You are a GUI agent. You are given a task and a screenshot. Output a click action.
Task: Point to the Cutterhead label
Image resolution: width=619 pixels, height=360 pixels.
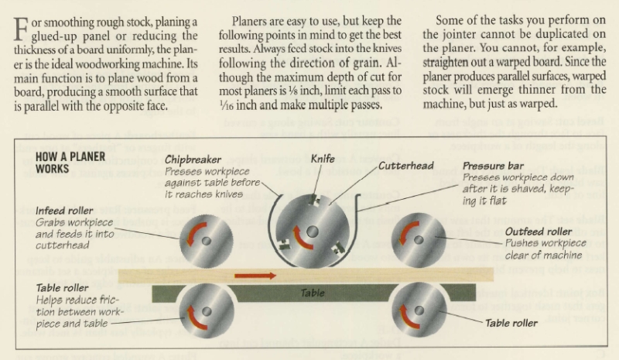tap(404, 165)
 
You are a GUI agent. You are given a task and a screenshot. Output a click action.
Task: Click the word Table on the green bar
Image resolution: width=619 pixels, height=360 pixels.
tap(312, 293)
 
